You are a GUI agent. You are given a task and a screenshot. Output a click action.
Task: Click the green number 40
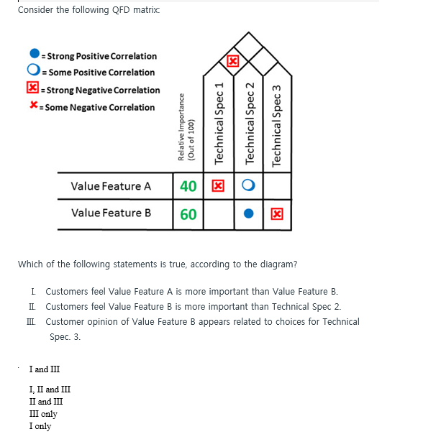click(188, 186)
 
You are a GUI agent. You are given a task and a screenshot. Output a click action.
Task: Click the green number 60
click(188, 214)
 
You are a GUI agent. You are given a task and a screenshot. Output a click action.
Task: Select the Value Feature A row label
click(111, 186)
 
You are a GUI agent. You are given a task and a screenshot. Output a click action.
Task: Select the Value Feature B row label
click(111, 213)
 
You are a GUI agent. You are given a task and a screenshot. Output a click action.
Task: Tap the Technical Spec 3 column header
click(277, 122)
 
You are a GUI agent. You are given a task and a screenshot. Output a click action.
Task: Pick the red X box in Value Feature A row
click(217, 186)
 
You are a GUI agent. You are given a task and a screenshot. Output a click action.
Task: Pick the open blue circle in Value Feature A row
click(247, 186)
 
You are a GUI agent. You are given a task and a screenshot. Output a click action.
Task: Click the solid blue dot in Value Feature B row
click(247, 214)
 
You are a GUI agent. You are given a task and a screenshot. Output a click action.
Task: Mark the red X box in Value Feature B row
click(276, 214)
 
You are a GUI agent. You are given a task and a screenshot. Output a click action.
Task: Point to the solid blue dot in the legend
click(35, 55)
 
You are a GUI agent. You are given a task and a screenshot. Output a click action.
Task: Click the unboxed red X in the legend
click(34, 106)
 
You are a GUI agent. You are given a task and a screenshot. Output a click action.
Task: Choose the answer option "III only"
click(43, 414)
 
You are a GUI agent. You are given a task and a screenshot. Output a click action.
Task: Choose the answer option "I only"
click(40, 426)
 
